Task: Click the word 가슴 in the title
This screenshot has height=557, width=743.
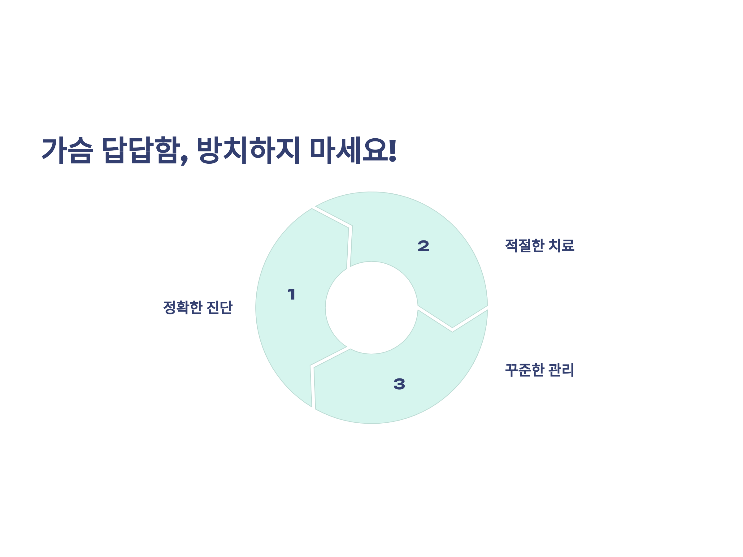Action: pyautogui.click(x=67, y=150)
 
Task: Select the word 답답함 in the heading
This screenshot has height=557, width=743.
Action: pyautogui.click(x=141, y=150)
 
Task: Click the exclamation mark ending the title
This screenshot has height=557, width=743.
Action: pyautogui.click(x=393, y=150)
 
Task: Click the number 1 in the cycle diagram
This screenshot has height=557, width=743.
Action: pyautogui.click(x=292, y=294)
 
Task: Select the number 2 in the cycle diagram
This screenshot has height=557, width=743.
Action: pyautogui.click(x=423, y=246)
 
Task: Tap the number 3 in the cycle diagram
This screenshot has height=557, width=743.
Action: pyautogui.click(x=399, y=384)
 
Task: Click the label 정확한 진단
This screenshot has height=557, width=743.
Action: pyautogui.click(x=198, y=307)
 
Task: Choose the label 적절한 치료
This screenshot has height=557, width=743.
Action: pyautogui.click(x=539, y=245)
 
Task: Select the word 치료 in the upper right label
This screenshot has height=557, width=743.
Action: pyautogui.click(x=561, y=245)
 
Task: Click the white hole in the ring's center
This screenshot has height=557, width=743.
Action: pyautogui.click(x=371, y=308)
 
